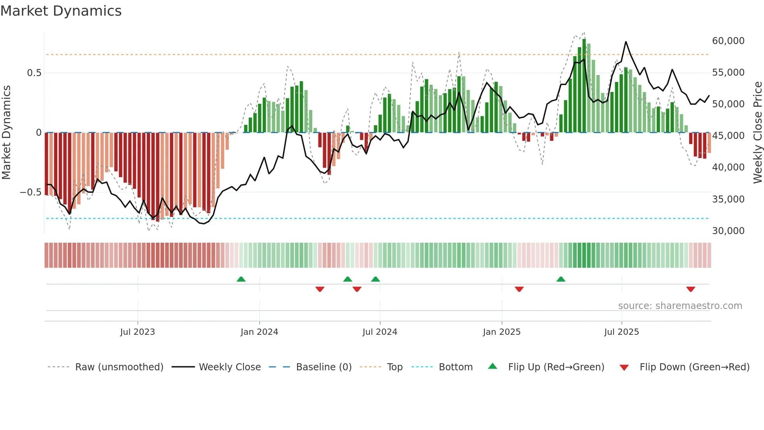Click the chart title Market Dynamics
point(61,11)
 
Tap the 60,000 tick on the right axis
point(728,41)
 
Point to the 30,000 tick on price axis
point(728,231)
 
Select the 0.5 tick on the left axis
point(34,73)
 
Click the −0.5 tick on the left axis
point(31,192)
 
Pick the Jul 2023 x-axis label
point(137,332)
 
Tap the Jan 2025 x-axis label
point(501,332)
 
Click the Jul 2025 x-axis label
point(621,332)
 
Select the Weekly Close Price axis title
point(757,133)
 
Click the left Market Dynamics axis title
point(6,133)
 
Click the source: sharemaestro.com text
point(680,306)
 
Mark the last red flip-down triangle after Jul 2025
point(690,289)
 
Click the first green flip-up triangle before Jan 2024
point(241,279)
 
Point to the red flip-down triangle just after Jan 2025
point(519,289)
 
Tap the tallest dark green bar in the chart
point(584,86)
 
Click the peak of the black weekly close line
point(626,42)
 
